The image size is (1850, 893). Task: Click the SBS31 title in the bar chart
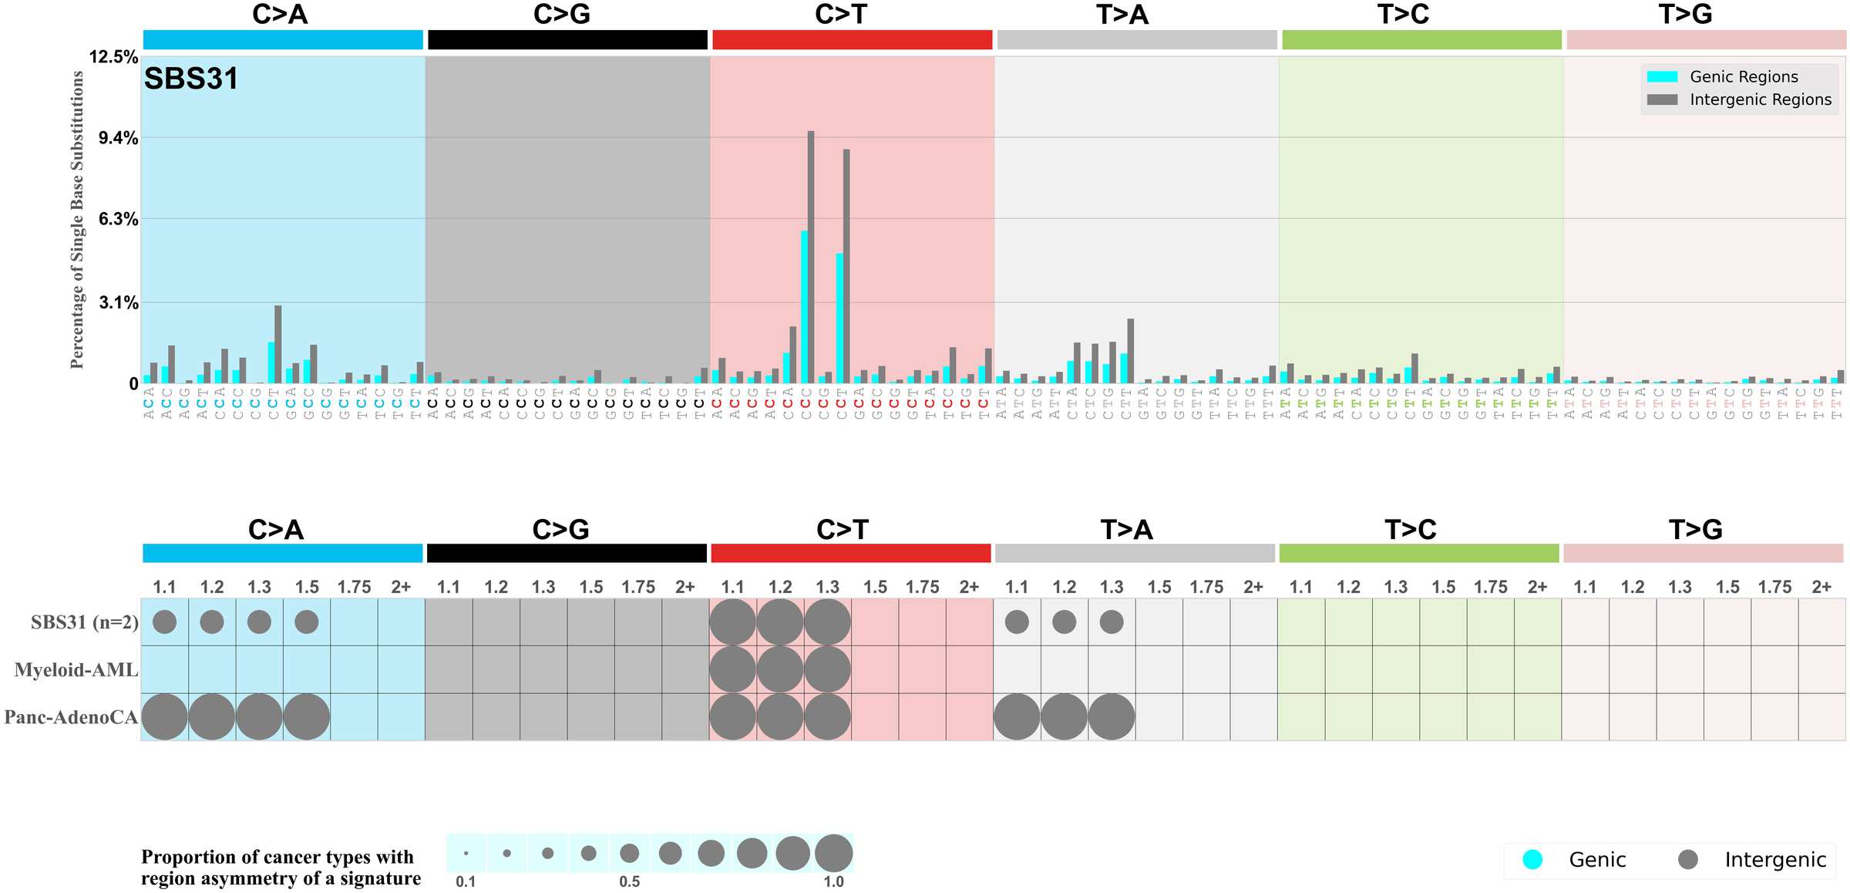tap(190, 79)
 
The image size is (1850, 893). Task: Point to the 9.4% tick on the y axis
tap(118, 138)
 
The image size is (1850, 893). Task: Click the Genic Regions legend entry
tap(1743, 76)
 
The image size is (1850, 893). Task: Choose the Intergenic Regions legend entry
tap(1760, 99)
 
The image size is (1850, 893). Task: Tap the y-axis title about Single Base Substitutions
tap(76, 219)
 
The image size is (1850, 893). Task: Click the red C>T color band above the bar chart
tap(852, 40)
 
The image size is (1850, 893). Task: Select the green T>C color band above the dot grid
tap(1418, 553)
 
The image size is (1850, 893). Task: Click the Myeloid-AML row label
tap(76, 669)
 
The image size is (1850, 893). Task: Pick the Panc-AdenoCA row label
tap(71, 717)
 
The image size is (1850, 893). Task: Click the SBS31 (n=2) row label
tap(85, 622)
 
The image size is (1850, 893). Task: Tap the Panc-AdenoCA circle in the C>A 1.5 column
tap(307, 716)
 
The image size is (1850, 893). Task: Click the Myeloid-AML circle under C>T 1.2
tap(780, 669)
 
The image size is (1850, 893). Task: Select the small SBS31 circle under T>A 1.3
tap(1111, 622)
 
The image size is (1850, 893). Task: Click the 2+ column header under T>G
tap(1821, 587)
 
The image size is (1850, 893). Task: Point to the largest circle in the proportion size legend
tap(833, 853)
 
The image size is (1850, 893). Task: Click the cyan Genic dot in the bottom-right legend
tap(1532, 859)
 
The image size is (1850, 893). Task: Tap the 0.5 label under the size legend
tap(629, 881)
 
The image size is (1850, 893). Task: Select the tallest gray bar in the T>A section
tap(1130, 351)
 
